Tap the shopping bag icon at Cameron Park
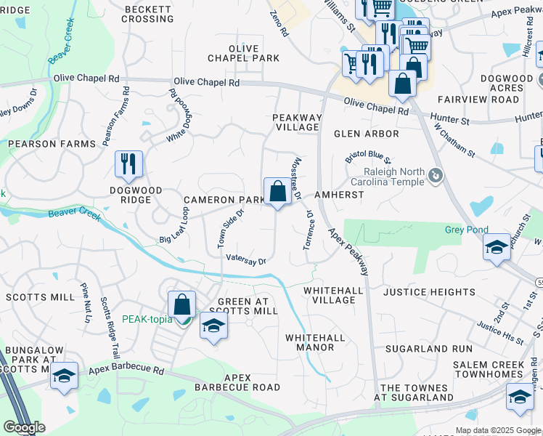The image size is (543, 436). pyautogui.click(x=277, y=193)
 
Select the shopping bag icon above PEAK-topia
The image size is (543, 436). pyautogui.click(x=182, y=304)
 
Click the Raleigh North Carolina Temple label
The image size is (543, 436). pyautogui.click(x=394, y=177)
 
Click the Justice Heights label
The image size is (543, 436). pyautogui.click(x=429, y=292)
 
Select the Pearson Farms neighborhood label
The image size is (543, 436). pyautogui.click(x=52, y=144)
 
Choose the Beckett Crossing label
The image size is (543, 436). pyautogui.click(x=148, y=14)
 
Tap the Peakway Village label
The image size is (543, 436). pyautogui.click(x=296, y=122)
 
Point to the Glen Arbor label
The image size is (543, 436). pyautogui.click(x=367, y=134)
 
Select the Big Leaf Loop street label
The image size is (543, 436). pyautogui.click(x=174, y=225)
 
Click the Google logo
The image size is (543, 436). pyautogui.click(x=24, y=427)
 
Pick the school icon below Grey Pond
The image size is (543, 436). pyautogui.click(x=497, y=249)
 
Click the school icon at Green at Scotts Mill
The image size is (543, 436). pyautogui.click(x=213, y=326)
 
